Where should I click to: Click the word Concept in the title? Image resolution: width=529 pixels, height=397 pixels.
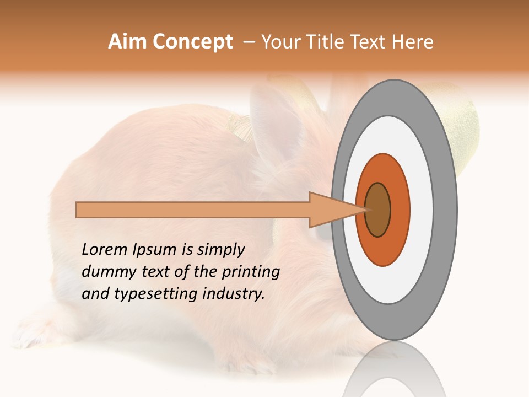pyautogui.click(x=192, y=42)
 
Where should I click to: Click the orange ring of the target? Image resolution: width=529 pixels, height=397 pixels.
pyautogui.click(x=399, y=210)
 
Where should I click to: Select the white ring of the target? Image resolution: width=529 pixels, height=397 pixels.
pyautogui.click(x=421, y=210)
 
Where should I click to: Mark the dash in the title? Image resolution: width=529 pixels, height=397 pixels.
pyautogui.click(x=249, y=42)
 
